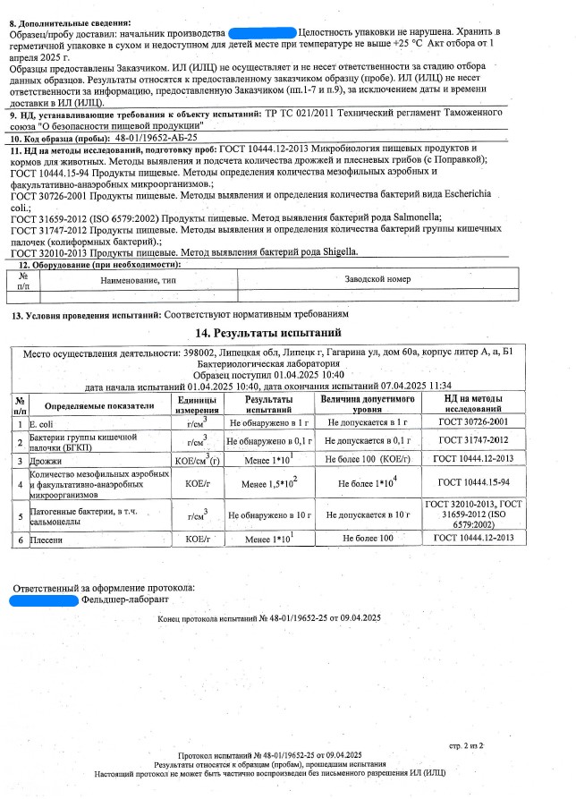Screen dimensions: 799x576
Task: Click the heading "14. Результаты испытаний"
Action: tap(288, 333)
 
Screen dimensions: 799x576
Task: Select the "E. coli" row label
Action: tap(43, 421)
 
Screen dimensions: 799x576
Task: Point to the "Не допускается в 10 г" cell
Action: tap(368, 515)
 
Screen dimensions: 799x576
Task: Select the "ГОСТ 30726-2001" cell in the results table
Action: tap(486, 421)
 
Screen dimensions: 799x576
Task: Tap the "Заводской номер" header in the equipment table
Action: tap(378, 279)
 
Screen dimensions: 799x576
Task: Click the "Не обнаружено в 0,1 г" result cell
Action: tap(268, 440)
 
